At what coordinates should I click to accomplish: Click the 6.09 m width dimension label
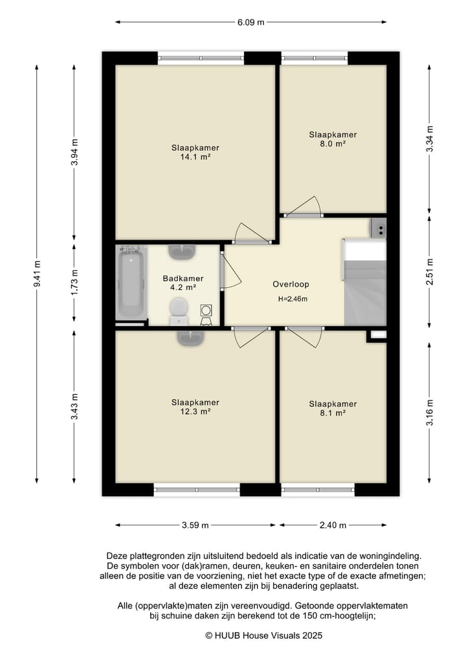[250, 22]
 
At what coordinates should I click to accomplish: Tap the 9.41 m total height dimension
[38, 274]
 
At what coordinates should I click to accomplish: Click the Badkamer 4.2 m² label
[183, 283]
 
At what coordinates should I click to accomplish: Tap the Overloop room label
[291, 284]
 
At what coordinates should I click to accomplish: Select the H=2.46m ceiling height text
[293, 299]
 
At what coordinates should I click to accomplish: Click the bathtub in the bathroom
[131, 283]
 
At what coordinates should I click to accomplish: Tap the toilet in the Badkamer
[179, 311]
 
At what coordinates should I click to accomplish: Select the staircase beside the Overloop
[365, 282]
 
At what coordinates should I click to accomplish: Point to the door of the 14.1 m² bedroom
[252, 234]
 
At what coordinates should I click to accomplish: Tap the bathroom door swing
[231, 272]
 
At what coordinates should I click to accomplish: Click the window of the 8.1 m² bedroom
[318, 489]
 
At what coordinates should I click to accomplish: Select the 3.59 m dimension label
[195, 525]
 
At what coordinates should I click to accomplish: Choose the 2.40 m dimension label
[333, 525]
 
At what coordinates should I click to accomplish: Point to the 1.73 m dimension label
[74, 281]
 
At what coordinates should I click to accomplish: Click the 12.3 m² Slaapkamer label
[195, 407]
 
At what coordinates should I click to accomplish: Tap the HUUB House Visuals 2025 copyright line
[263, 636]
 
